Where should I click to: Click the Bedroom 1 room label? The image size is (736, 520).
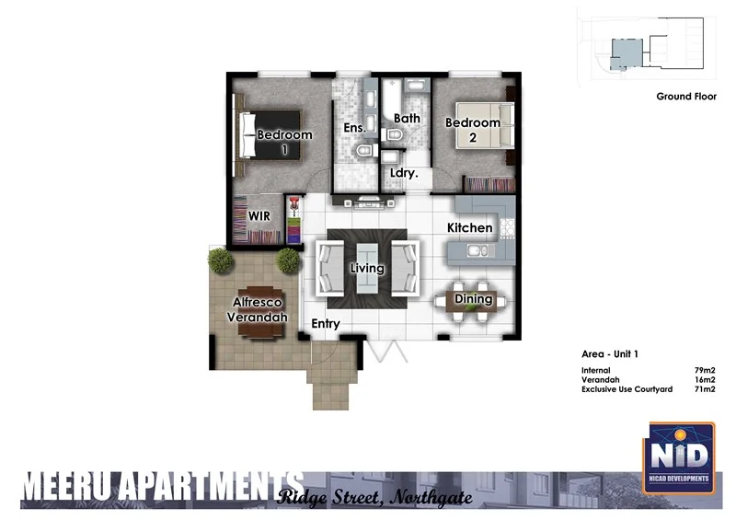[284, 142]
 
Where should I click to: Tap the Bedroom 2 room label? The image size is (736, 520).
[473, 130]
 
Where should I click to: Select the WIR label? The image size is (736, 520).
[259, 216]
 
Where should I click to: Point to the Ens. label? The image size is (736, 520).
[354, 129]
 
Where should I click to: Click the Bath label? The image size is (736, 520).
[407, 119]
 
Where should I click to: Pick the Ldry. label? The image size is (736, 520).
[405, 172]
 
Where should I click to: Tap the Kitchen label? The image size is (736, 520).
[470, 227]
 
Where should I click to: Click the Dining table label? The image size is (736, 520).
[473, 299]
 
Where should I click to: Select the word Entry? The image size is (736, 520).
[326, 324]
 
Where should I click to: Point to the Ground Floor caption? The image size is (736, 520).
[686, 96]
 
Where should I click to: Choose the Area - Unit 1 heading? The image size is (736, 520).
[610, 354]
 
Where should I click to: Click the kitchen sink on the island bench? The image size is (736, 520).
[476, 249]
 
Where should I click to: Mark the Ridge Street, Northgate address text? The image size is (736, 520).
[374, 498]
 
